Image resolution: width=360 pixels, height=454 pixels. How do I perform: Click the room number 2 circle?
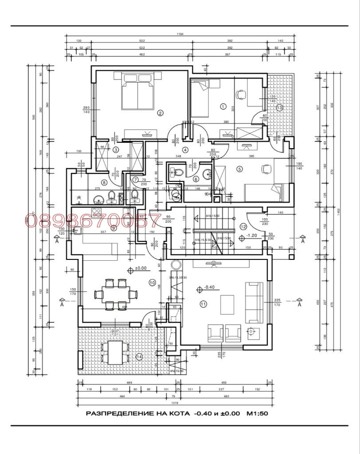pyautogui.click(x=160, y=113)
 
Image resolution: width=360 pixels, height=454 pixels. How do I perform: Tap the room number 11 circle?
pyautogui.click(x=203, y=304)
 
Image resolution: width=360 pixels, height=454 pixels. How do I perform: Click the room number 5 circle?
pyautogui.click(x=239, y=168)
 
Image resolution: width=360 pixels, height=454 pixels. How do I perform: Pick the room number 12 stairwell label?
pyautogui.click(x=243, y=226)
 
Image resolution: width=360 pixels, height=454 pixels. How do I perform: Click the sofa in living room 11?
pyautogui.click(x=254, y=302)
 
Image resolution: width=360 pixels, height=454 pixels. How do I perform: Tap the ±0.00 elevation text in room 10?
pyautogui.click(x=141, y=268)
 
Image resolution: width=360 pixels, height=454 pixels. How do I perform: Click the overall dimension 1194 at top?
pyautogui.click(x=180, y=34)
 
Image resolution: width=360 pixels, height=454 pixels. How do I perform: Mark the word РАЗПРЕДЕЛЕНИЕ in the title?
pyautogui.click(x=117, y=414)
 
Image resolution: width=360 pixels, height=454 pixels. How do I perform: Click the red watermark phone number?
pyautogui.click(x=93, y=220)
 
